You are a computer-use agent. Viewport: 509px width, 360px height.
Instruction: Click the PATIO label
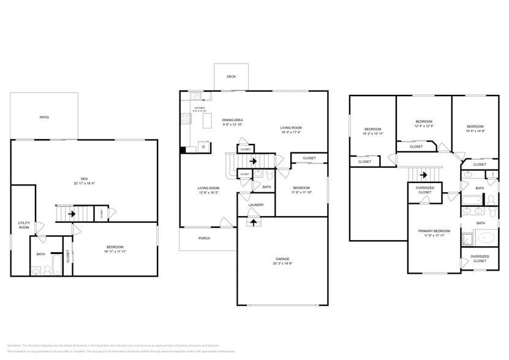(44, 117)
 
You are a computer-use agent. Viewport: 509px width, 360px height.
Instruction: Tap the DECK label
(231, 77)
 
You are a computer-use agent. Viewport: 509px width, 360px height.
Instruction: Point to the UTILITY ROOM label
(24, 225)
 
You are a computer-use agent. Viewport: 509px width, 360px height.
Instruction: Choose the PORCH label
(204, 238)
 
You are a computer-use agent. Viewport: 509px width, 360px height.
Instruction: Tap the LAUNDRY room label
(255, 204)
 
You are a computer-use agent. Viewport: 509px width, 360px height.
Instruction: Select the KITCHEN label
(200, 108)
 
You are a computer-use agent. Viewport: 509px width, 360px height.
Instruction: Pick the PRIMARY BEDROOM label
(434, 231)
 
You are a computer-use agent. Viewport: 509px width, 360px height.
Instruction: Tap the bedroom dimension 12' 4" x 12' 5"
(424, 126)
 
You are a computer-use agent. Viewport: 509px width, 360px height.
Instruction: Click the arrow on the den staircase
(72, 214)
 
